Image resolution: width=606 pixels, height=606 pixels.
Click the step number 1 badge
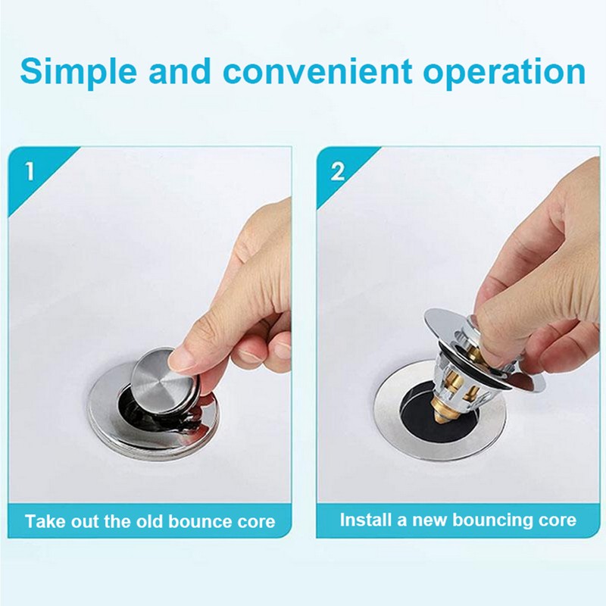[30, 170]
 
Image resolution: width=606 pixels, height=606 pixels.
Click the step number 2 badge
[337, 170]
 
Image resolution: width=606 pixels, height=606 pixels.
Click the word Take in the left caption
[45, 521]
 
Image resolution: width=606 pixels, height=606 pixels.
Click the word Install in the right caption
[364, 520]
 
